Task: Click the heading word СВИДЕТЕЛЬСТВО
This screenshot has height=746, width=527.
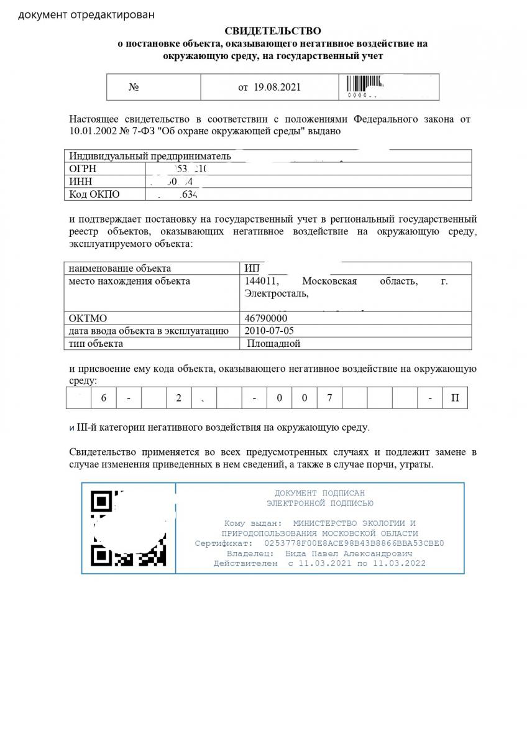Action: coord(273,30)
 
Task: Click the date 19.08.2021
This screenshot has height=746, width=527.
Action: coord(277,87)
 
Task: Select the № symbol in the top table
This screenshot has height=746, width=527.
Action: coord(134,87)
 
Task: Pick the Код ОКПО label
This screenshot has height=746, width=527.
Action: coord(94,194)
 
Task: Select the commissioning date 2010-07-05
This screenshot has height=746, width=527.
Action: coord(270,331)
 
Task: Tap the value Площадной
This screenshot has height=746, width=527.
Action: coord(273,344)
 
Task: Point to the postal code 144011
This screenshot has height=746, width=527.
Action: coord(260,282)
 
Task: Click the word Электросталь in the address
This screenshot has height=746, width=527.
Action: coord(276,293)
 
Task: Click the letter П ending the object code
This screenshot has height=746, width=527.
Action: coord(455,398)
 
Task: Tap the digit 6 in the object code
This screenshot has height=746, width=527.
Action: coord(104,398)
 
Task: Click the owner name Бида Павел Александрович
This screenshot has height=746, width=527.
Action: coord(349,553)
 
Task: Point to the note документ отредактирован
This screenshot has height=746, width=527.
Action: coord(86,14)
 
